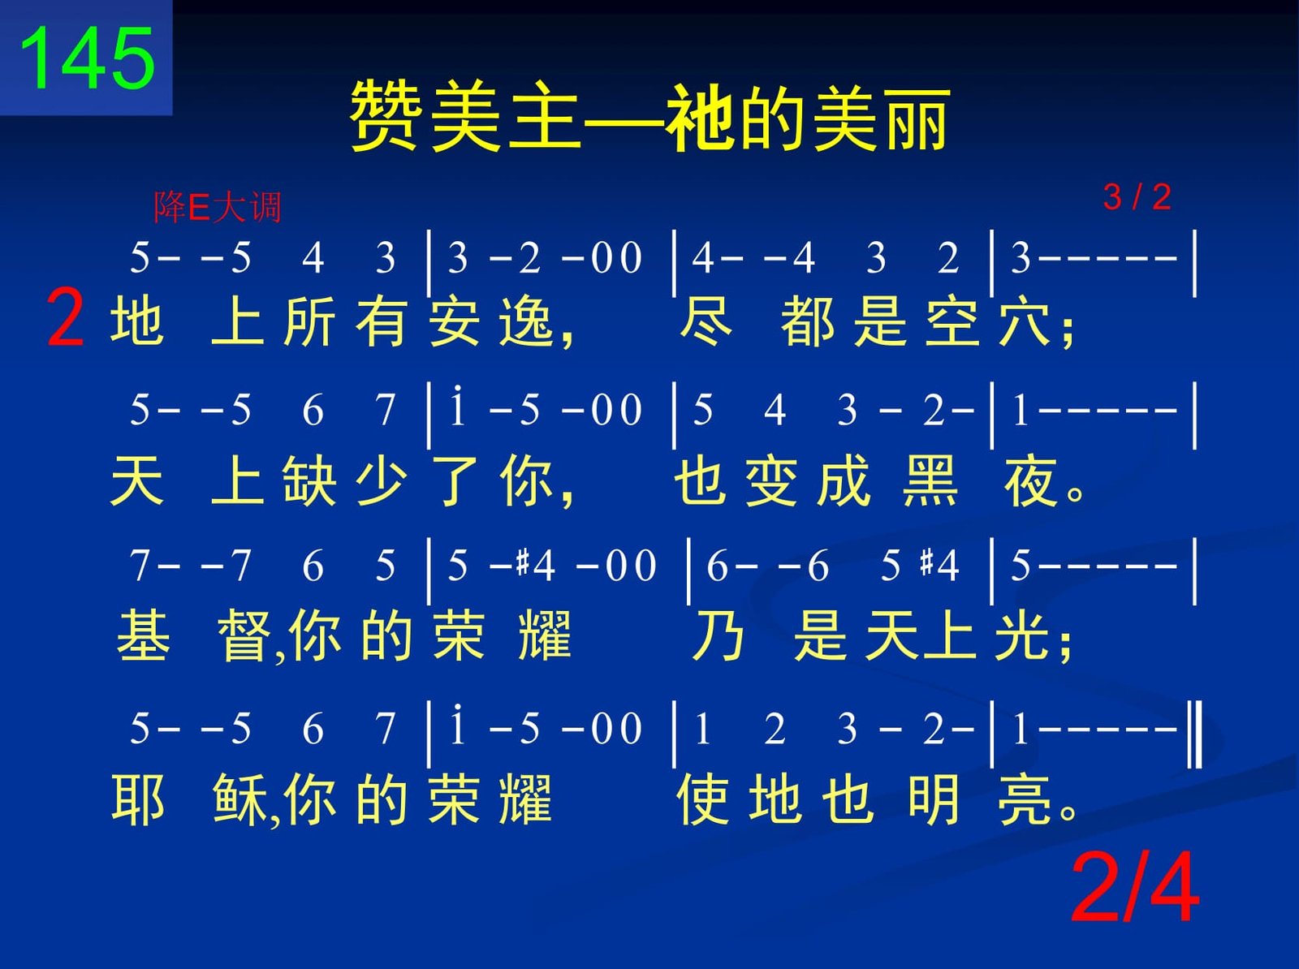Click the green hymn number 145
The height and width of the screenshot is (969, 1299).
coord(88,58)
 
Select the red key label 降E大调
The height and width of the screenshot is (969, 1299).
coord(218,208)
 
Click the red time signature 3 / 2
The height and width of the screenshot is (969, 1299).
coord(1137,197)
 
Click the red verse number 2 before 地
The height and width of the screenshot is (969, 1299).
coord(65,317)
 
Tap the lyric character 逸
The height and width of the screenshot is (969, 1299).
coord(525,321)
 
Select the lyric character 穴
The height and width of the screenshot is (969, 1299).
coord(1025,321)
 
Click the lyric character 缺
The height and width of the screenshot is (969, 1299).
coord(309,480)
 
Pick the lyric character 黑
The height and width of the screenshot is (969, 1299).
coord(930,480)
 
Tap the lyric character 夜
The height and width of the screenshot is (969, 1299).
coord(1030,480)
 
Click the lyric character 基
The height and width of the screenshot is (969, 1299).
coord(144,636)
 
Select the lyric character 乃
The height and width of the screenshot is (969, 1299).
coord(718,636)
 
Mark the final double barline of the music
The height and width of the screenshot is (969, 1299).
coord(1195,734)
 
